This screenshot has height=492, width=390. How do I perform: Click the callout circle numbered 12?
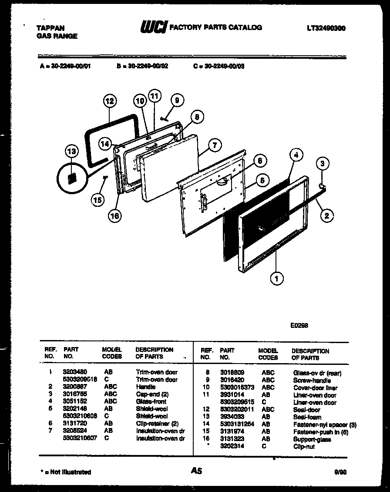click(110, 101)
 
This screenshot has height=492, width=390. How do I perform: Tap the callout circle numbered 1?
click(276, 277)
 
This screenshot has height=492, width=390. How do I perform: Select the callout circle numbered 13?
click(71, 151)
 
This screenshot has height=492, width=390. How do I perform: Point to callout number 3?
click(322, 164)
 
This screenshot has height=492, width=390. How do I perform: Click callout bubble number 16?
click(115, 215)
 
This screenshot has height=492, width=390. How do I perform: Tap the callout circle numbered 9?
click(176, 100)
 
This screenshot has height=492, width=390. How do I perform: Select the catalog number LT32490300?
click(326, 28)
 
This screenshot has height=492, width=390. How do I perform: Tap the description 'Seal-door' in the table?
click(306, 410)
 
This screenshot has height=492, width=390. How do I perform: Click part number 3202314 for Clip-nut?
click(232, 446)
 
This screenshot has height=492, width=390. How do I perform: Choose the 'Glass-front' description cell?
click(151, 401)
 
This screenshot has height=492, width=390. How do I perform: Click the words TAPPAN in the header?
click(50, 28)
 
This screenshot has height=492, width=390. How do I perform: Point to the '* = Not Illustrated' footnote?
click(66, 472)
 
